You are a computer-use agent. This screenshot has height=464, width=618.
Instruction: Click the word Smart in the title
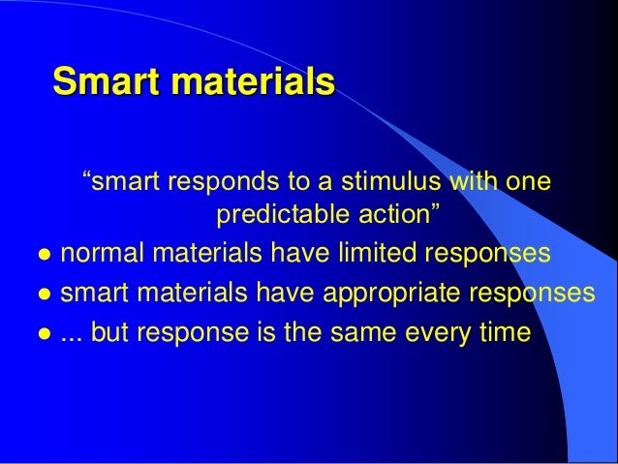pos(108,81)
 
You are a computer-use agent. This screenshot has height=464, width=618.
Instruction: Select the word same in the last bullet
pos(376,333)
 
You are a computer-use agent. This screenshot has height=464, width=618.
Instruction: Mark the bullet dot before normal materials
pos(43,256)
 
